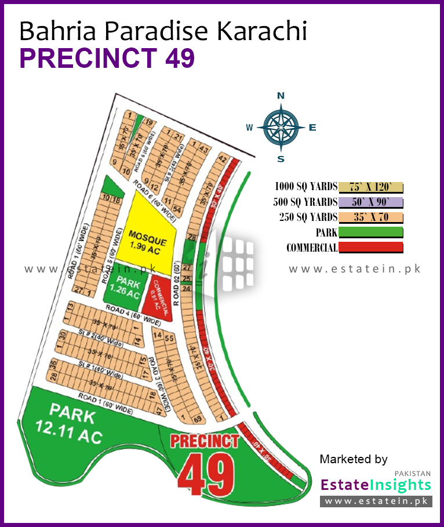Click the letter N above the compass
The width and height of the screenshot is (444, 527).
(281, 96)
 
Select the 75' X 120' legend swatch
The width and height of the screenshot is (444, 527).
(370, 187)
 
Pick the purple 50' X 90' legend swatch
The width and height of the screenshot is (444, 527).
(370, 202)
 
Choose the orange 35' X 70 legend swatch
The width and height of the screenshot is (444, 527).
(370, 217)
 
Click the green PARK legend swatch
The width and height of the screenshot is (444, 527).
(370, 232)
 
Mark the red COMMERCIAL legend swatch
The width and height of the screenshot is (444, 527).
(370, 248)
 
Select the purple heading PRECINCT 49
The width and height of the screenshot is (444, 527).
(107, 59)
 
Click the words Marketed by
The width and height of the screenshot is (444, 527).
(354, 460)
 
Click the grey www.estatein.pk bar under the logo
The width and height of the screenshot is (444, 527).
(377, 501)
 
